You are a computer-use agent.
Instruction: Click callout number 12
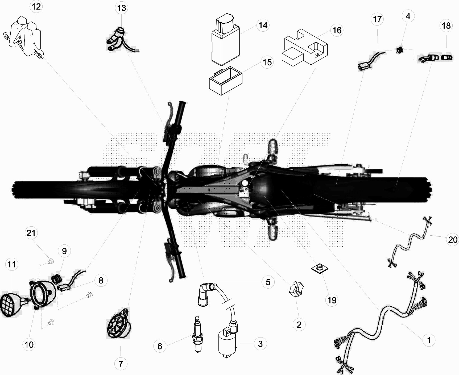pos(36,7)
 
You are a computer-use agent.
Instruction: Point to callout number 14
pos(263,25)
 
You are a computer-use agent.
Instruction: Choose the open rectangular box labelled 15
pos(226,81)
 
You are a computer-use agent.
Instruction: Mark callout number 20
pos(453,240)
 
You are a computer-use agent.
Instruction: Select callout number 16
pos(337,30)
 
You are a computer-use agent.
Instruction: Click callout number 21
pos(31,233)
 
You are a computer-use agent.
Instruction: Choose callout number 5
pos(268,282)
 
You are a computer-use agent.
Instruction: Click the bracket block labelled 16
pos(305,47)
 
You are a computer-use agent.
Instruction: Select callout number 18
pos(446,26)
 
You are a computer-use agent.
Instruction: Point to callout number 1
pos(429,340)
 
